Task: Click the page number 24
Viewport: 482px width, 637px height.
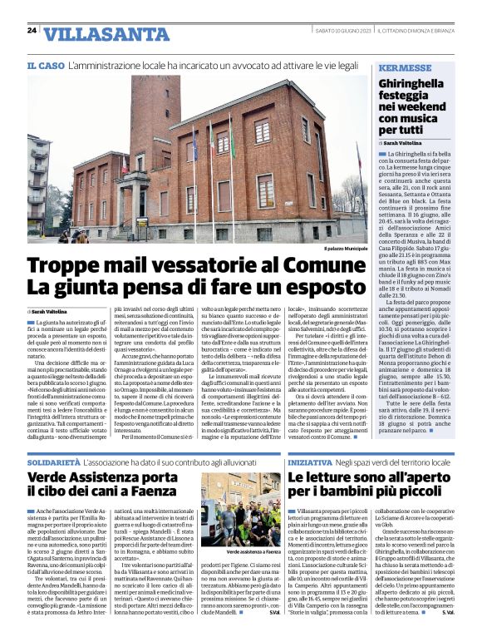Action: [x=32, y=31]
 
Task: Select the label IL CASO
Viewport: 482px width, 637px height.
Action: [x=45, y=65]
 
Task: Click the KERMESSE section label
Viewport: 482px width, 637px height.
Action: [x=404, y=67]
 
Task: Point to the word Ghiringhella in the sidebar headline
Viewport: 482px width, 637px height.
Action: [x=413, y=85]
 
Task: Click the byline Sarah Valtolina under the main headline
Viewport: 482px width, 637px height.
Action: [x=57, y=310]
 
